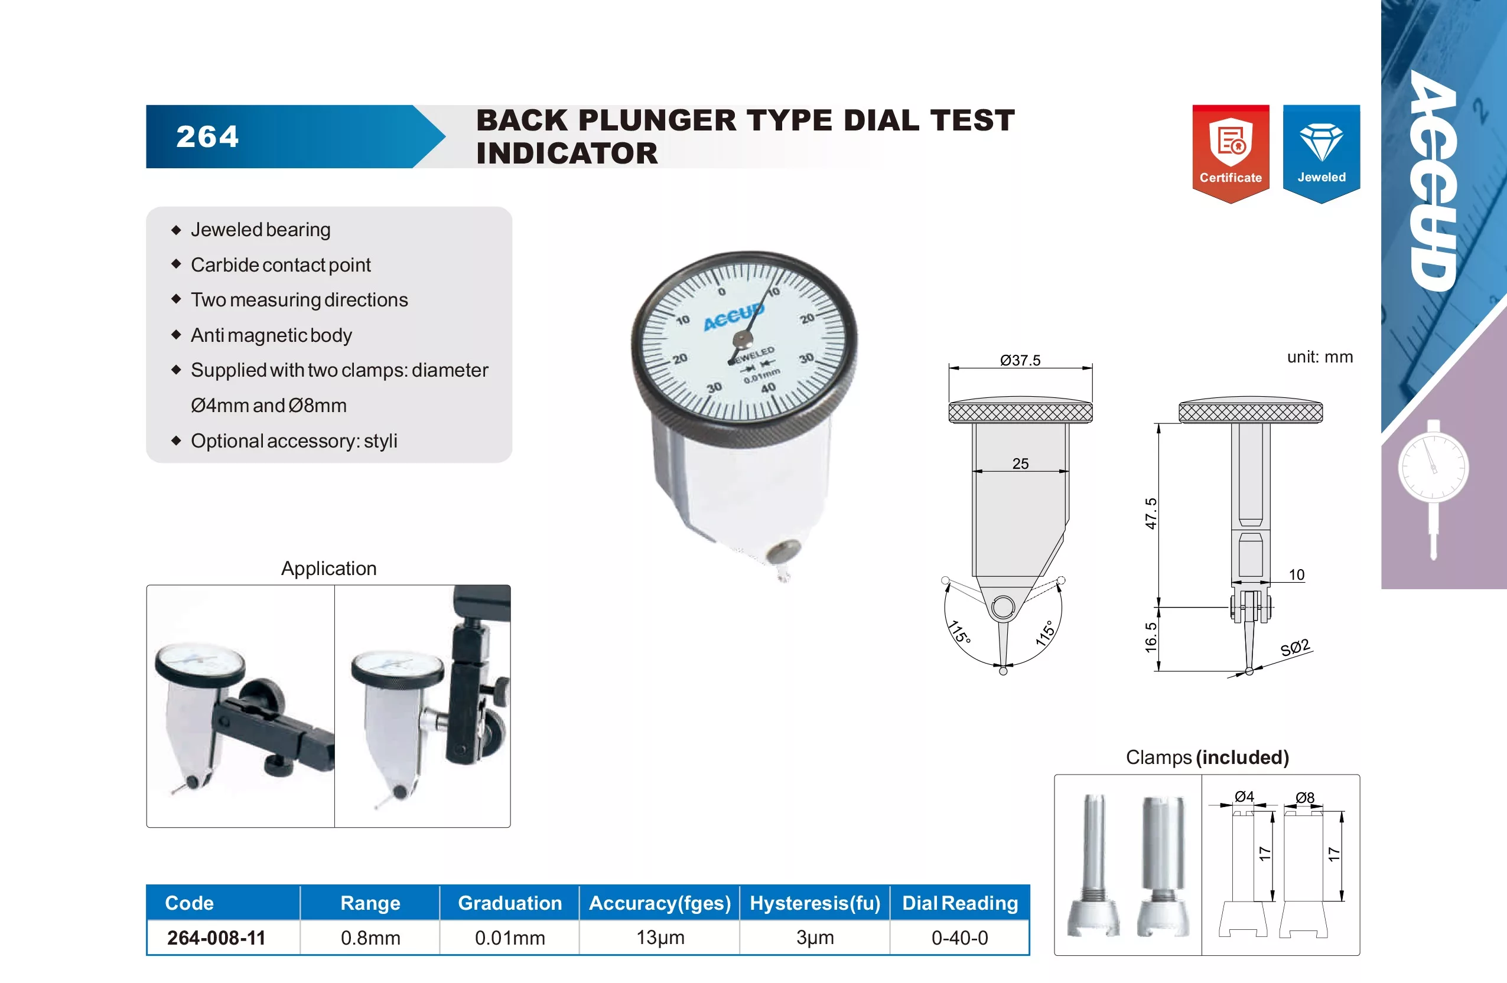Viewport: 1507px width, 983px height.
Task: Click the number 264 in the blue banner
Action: coord(208,137)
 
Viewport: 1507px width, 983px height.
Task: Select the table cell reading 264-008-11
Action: coord(217,938)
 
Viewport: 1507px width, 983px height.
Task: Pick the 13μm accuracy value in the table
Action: coord(660,938)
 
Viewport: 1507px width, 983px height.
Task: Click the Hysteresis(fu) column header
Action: coord(815,903)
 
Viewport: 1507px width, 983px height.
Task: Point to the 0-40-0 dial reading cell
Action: coord(960,938)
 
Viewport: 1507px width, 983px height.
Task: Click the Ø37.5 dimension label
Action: coord(1020,360)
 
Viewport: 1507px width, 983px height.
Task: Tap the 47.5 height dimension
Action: coord(1151,513)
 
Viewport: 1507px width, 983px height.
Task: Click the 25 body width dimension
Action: coord(1020,463)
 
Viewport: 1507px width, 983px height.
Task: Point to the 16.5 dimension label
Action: coord(1151,637)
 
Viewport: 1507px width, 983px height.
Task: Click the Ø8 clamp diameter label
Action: coord(1305,798)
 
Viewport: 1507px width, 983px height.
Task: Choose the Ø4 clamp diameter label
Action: coord(1244,796)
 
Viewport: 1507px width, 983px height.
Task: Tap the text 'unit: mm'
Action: coord(1320,357)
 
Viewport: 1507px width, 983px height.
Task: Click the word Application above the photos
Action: coord(328,569)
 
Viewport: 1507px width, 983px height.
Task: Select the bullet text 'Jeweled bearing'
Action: coord(261,229)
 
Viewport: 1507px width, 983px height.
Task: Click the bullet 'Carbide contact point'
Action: coord(281,264)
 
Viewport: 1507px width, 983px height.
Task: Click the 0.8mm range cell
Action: coord(370,938)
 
